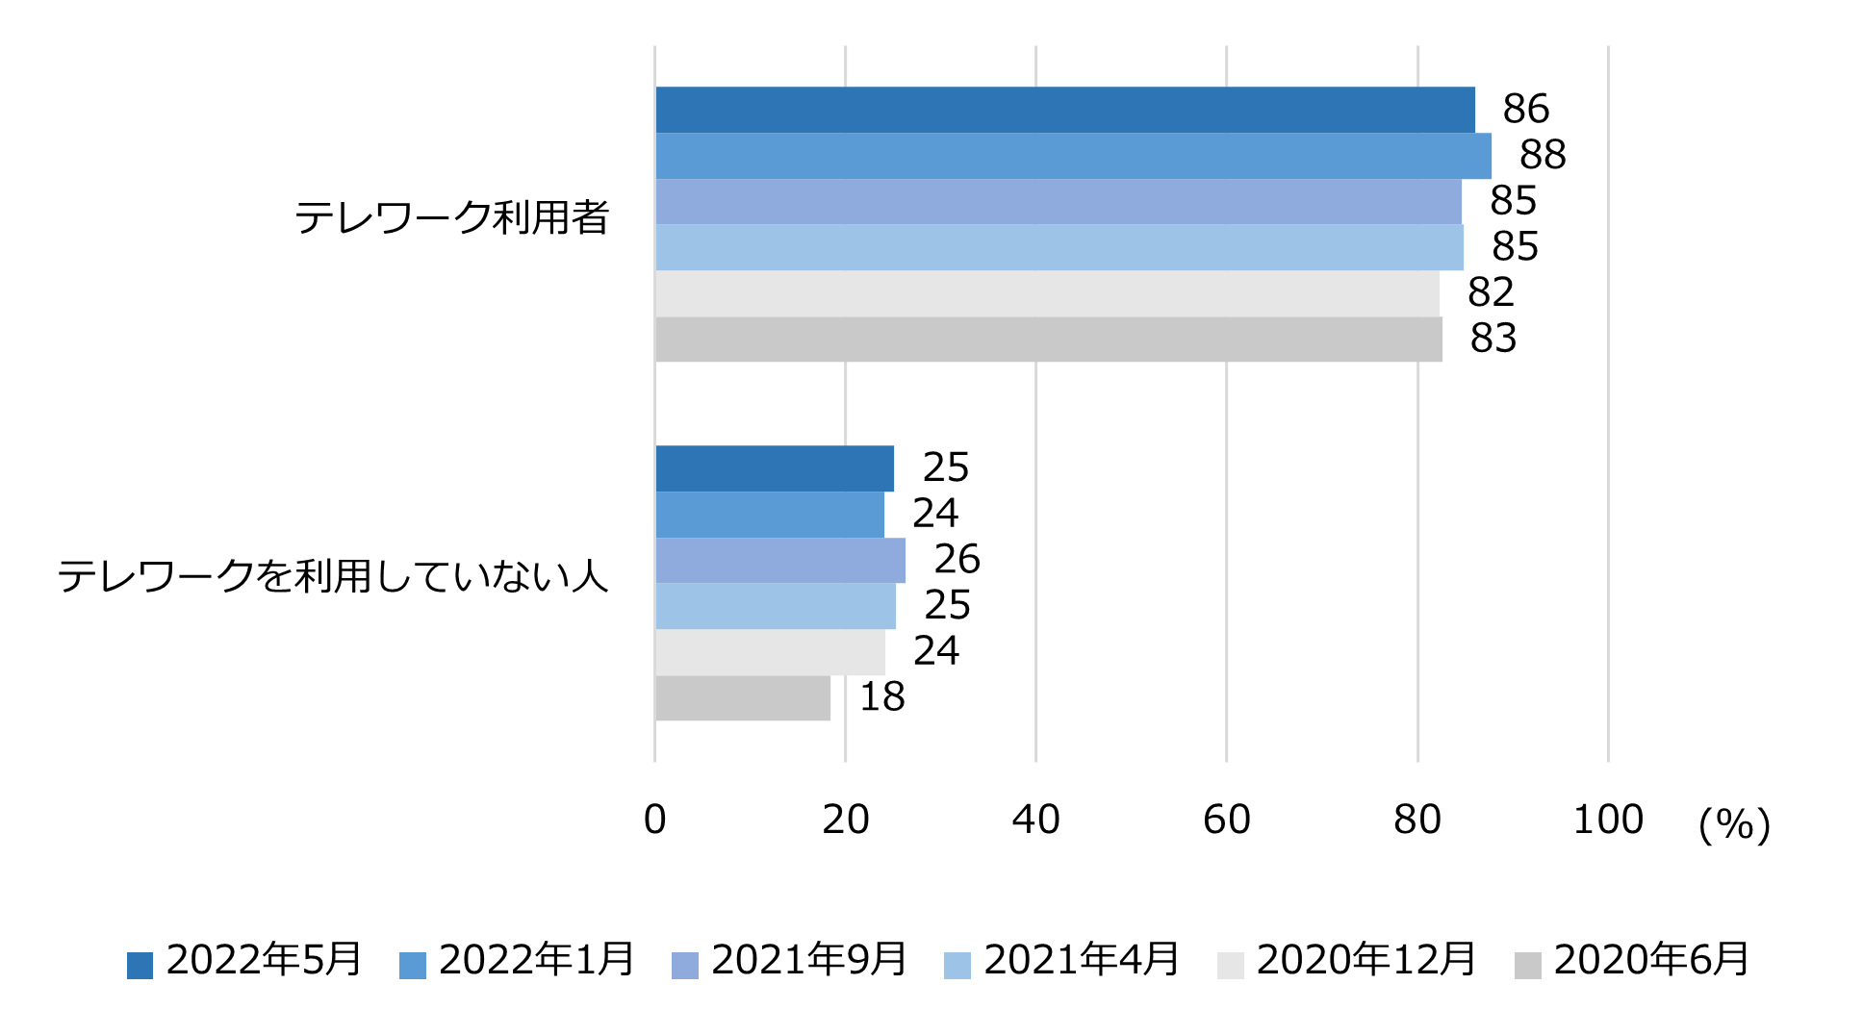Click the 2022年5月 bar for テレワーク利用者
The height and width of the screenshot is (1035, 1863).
coord(1064,110)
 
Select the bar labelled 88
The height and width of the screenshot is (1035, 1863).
coord(1073,156)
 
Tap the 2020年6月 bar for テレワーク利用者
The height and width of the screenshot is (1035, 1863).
coord(1048,340)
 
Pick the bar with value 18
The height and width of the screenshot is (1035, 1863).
coord(742,698)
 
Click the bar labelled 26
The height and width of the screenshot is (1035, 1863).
coord(779,560)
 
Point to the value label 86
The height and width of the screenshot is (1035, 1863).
coord(1525,110)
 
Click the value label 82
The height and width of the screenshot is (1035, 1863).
coord(1491,292)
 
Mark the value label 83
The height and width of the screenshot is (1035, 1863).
coord(1493,339)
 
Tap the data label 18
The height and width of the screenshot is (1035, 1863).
coord(881,697)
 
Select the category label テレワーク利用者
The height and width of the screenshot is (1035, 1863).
coord(451,217)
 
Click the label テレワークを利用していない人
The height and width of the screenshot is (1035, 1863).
coord(333,576)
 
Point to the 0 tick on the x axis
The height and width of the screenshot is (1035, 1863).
coord(654,820)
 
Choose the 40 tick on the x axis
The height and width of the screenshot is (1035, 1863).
coord(1035,820)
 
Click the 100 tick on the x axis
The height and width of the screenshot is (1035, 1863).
coord(1607,820)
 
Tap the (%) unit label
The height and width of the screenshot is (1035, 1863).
coord(1734,824)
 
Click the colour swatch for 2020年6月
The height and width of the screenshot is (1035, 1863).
coord(1527,965)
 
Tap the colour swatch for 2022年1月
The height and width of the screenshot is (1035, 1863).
coord(413,965)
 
